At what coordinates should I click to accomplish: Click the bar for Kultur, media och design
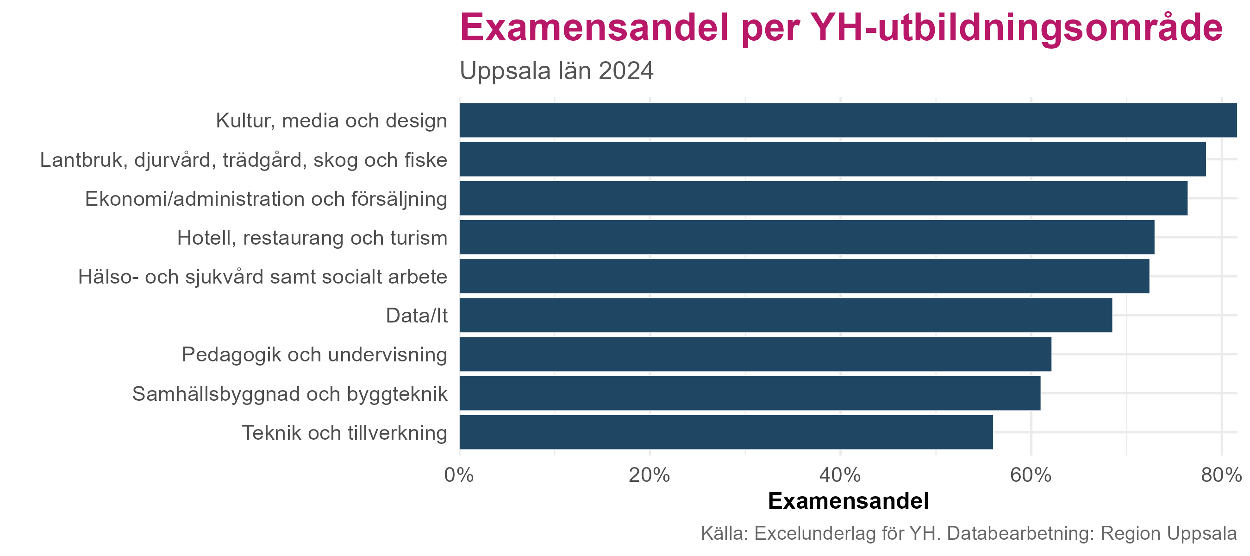848,120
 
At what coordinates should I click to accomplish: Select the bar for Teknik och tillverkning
726,432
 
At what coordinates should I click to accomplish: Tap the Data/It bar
786,315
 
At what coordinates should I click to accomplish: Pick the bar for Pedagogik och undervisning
755,354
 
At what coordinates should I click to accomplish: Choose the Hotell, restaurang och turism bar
806,237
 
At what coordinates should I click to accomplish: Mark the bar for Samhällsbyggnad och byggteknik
750,393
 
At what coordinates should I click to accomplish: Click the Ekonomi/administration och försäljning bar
823,198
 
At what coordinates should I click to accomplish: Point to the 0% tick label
459,475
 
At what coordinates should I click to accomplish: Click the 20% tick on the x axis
649,475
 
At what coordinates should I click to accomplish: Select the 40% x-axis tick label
840,475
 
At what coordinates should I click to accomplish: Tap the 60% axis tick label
1031,475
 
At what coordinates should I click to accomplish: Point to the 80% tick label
1221,475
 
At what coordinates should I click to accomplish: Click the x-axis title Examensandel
848,501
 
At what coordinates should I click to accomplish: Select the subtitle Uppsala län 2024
556,71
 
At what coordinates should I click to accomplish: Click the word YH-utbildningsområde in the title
1016,28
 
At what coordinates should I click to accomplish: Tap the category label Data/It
416,316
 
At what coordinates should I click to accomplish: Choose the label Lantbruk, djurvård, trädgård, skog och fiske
244,160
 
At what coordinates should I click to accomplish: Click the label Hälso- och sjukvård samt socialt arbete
262,277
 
